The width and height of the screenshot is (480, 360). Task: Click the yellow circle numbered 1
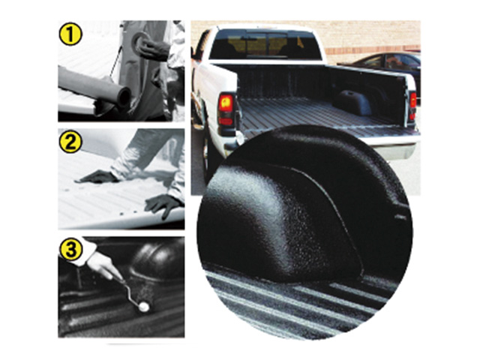click(x=70, y=34)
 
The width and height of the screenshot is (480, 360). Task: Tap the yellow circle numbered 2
click(x=70, y=142)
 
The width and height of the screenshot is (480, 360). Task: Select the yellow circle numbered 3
click(x=70, y=250)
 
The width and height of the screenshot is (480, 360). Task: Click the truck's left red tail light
click(x=226, y=109)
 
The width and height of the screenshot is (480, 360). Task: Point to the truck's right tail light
click(x=412, y=106)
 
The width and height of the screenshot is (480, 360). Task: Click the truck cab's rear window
click(x=265, y=45)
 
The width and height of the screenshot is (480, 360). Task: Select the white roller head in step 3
click(x=143, y=307)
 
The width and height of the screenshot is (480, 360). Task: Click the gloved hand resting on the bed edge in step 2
click(x=163, y=205)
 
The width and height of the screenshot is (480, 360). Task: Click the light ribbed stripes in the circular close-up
click(x=294, y=303)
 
